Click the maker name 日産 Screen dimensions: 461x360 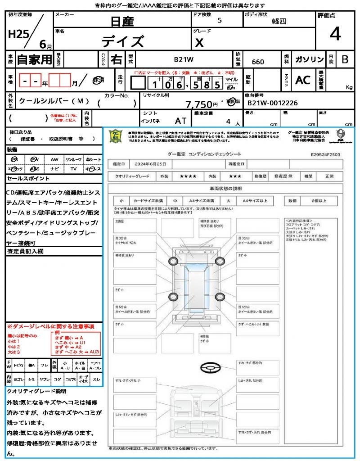(122, 21)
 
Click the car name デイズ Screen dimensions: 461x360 (122, 41)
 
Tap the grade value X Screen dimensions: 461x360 (199, 42)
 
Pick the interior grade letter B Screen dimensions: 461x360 (345, 59)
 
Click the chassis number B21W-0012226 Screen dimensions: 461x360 (273, 103)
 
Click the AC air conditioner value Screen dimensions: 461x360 (303, 80)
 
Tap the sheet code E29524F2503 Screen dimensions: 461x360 (325, 154)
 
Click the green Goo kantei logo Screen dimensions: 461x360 (116, 136)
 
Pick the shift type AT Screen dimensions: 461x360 (181, 122)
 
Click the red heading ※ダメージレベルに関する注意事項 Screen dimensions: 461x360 (50, 326)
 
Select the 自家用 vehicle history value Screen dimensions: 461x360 (35, 59)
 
